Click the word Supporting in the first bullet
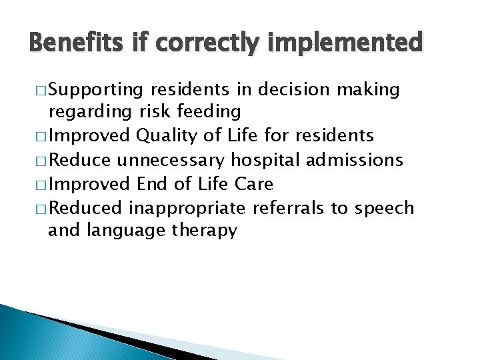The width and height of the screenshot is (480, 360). click(96, 89)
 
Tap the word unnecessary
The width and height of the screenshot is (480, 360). click(171, 160)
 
